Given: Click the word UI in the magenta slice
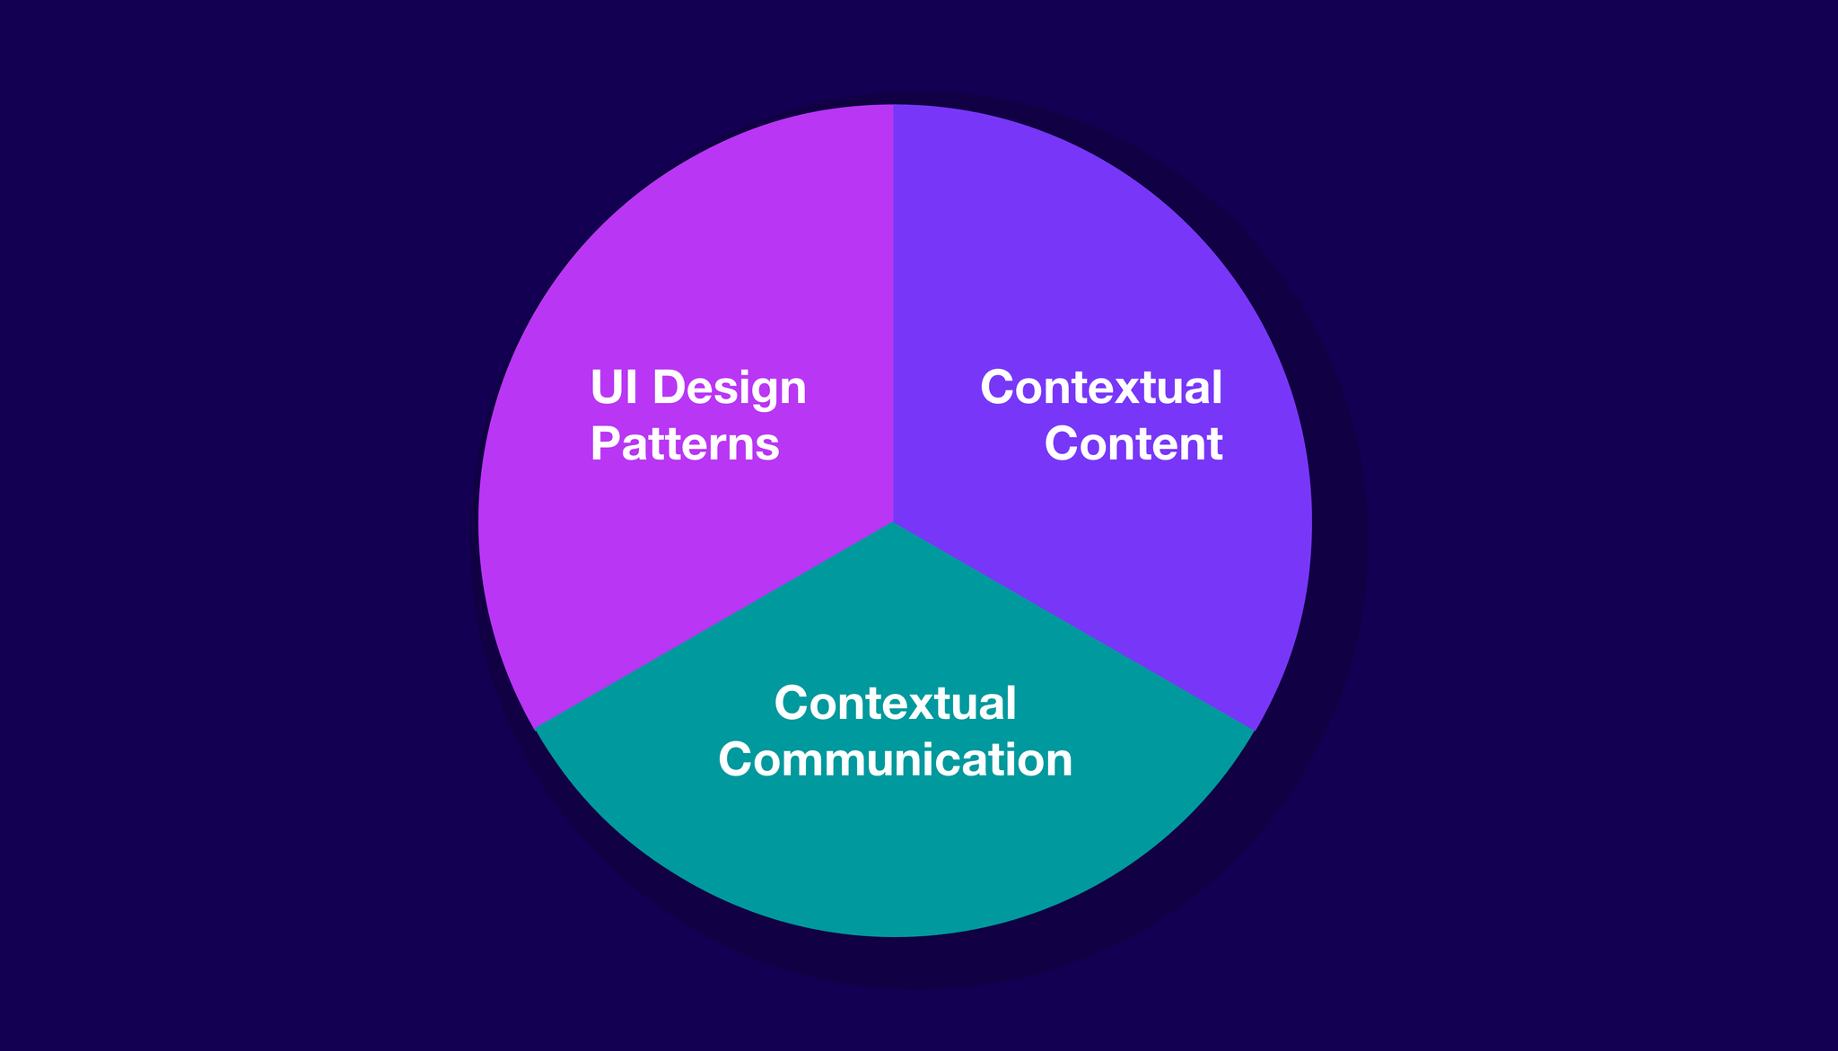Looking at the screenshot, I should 614,388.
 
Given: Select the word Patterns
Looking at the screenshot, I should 685,443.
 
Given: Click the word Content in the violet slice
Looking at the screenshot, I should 1133,443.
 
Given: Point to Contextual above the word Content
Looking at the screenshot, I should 1101,388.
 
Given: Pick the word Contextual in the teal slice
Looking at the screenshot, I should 895,703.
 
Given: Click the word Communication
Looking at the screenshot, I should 895,759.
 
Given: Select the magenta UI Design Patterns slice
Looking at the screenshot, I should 682,269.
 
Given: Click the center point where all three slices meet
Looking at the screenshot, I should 894,521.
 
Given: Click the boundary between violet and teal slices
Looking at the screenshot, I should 1073,626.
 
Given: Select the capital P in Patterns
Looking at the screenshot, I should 605,443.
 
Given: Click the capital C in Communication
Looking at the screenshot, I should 737,759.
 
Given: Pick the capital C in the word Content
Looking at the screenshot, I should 1063,443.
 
